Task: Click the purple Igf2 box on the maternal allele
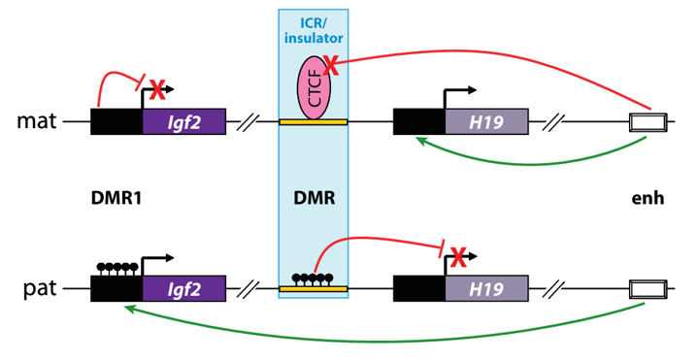pos(183,122)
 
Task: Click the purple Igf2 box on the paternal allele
pos(183,289)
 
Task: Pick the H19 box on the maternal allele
pos(486,122)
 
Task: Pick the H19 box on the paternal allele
pos(486,289)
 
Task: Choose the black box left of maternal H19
pos(418,122)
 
